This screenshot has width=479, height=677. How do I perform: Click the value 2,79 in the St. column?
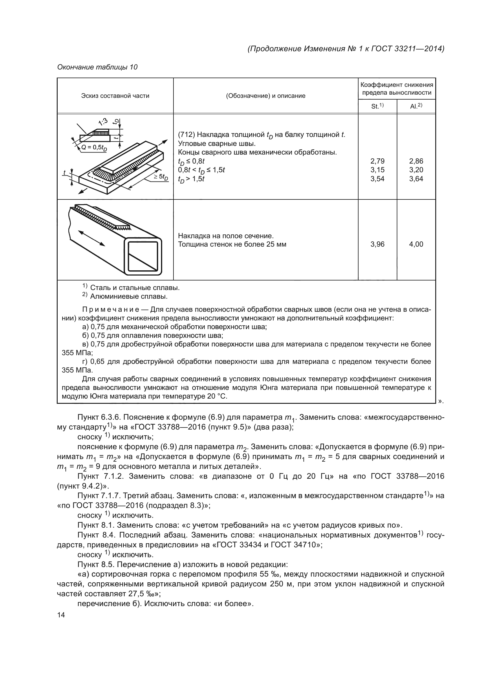[377, 161]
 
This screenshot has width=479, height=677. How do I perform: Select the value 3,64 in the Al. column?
[416, 179]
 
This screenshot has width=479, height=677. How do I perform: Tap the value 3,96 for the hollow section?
[377, 244]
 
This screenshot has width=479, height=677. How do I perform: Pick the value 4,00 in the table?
[416, 244]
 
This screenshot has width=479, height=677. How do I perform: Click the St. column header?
[377, 106]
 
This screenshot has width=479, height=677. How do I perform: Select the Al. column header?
[416, 106]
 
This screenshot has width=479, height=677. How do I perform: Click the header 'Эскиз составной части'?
[115, 96]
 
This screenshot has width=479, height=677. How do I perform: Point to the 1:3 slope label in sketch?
[103, 121]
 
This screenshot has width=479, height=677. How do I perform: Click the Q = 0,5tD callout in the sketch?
[94, 147]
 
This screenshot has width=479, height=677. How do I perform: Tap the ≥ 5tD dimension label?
[161, 177]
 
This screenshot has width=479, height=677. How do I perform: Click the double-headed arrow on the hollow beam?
[92, 238]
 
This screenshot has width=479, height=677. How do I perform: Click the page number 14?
[61, 615]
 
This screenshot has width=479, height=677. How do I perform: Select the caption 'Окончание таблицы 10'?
[97, 67]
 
